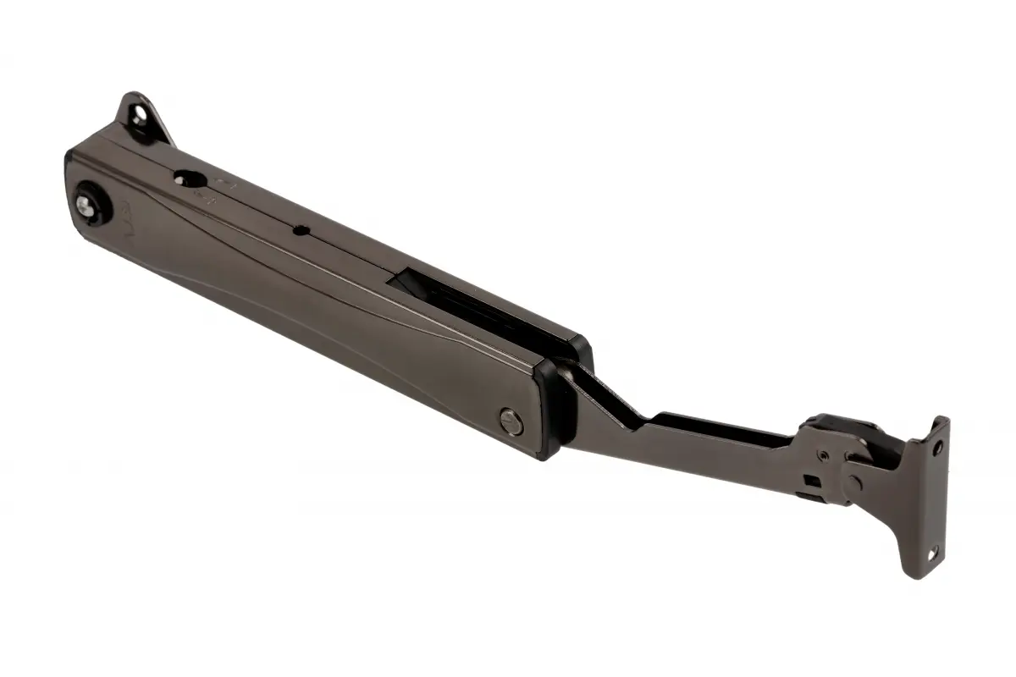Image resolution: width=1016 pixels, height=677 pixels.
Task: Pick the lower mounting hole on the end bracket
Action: pyautogui.click(x=934, y=553)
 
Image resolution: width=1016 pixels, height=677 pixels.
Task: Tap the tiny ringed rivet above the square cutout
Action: pyautogui.click(x=820, y=454)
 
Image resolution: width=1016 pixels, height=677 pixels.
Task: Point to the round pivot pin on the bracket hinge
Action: pyautogui.click(x=852, y=483)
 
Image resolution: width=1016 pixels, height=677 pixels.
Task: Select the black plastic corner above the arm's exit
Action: pyautogui.click(x=580, y=348)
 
